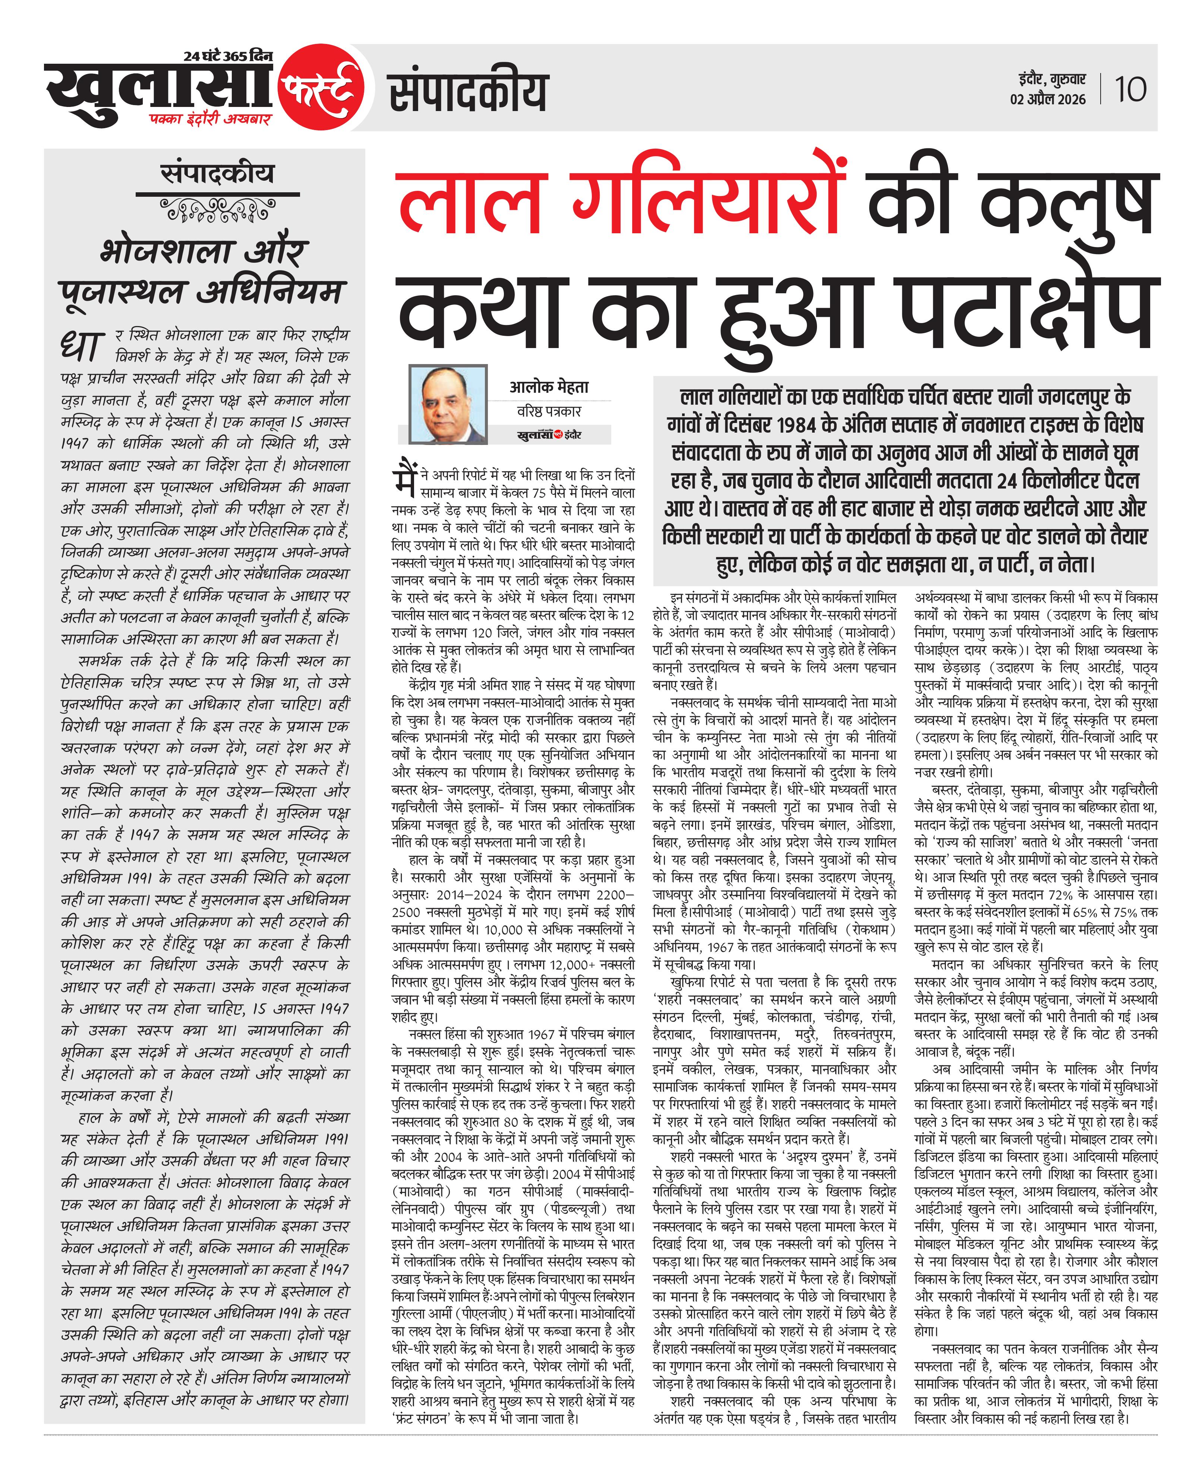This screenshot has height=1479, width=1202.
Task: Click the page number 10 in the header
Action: click(x=1130, y=89)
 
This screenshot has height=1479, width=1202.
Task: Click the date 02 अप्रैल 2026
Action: click(x=1048, y=99)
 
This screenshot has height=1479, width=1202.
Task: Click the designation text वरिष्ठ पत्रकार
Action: click(x=549, y=411)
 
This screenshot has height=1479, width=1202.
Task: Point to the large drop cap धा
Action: click(x=83, y=347)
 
